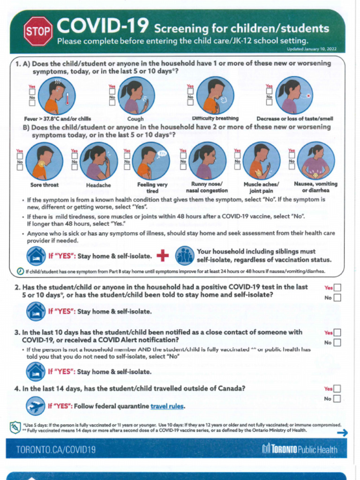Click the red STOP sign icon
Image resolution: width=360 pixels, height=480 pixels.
[38, 31]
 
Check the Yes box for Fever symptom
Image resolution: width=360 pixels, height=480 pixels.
[32, 92]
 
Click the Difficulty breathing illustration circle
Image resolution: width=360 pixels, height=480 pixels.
[215, 95]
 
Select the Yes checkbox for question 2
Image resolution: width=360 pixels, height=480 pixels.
[337, 288]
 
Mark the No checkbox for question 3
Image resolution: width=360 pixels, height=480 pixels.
[337, 343]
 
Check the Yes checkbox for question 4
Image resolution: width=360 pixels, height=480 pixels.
[337, 389]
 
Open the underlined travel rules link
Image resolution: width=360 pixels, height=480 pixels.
[167, 406]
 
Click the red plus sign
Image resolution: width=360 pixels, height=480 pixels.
[163, 255]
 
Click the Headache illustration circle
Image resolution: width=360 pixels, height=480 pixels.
[99, 161]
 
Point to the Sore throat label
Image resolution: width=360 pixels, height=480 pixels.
[45, 185]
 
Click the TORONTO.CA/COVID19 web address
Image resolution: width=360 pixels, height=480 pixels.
[56, 450]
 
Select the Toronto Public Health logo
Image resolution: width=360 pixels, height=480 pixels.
[300, 449]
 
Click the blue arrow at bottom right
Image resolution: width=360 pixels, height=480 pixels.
[342, 433]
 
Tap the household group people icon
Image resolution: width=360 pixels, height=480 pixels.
[185, 255]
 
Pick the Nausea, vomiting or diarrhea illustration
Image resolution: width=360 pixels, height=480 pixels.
[316, 161]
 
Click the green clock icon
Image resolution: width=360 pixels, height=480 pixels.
[20, 271]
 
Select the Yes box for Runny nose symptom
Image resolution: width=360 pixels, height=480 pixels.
[183, 156]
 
